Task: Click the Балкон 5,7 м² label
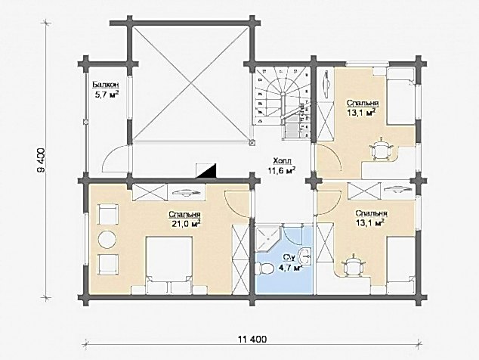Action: coord(106,89)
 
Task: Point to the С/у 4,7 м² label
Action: coord(289,262)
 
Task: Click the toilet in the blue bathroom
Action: coord(267,268)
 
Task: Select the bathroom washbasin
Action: coord(305,256)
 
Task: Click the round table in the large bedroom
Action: coord(107,239)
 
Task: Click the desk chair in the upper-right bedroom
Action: coord(381,149)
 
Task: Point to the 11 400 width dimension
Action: coord(252,339)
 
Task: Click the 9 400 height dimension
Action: coord(42,161)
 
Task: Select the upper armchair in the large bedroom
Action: coord(107,215)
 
